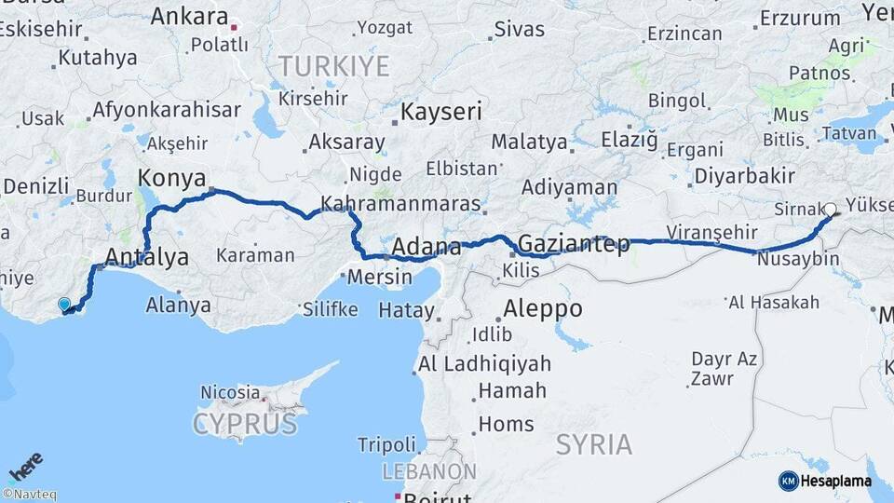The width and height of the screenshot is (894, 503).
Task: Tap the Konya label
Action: (172, 177)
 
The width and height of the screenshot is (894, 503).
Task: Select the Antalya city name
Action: (147, 257)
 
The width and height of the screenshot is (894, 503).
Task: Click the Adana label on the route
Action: (427, 248)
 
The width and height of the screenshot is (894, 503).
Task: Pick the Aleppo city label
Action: (543, 309)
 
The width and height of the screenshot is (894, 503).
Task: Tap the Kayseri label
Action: (441, 113)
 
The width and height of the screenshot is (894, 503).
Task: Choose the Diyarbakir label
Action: (744, 175)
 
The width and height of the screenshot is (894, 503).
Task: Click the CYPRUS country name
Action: (245, 425)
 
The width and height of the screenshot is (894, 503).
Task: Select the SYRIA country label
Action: (594, 444)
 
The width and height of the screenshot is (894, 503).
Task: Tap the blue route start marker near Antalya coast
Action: (63, 304)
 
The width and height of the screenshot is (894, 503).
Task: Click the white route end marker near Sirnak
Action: (830, 210)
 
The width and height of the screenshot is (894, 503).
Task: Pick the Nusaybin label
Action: (798, 260)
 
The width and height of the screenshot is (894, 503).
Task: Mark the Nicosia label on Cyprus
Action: (229, 392)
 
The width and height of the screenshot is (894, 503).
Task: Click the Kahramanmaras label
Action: (400, 204)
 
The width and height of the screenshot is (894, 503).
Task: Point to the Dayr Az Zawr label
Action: (724, 368)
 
